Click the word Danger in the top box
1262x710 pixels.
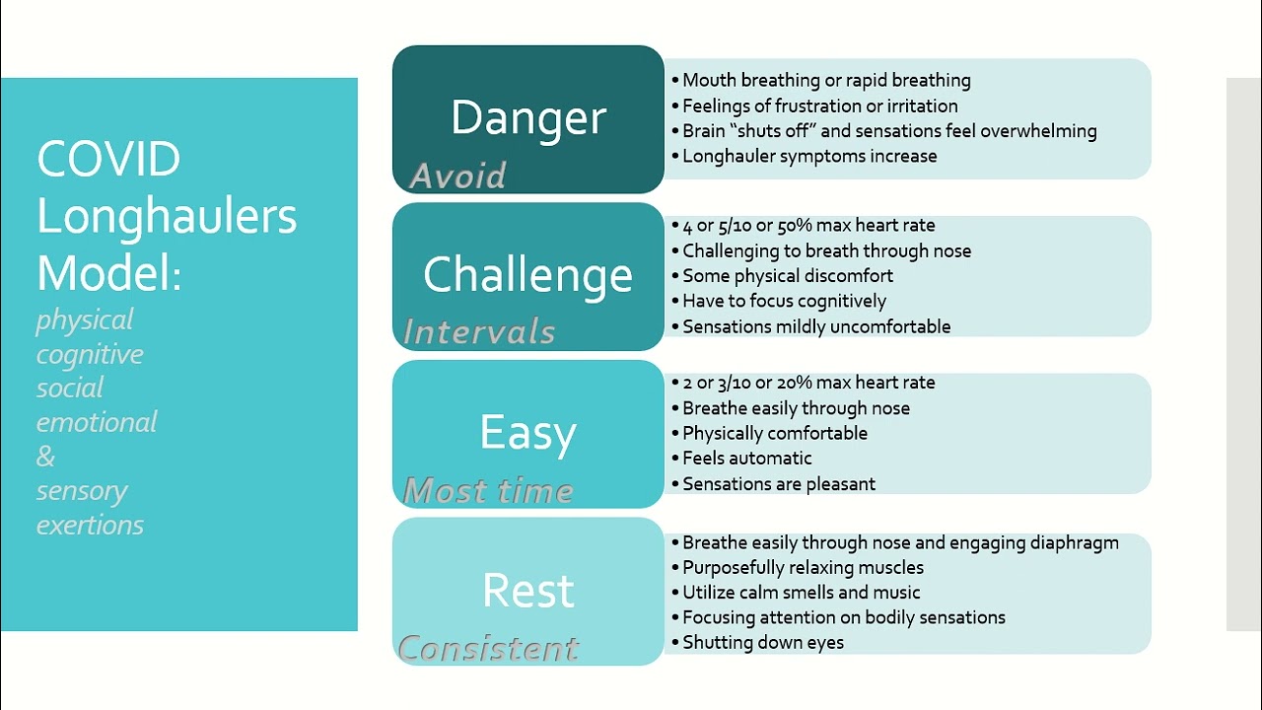528,118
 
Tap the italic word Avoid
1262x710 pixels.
457,176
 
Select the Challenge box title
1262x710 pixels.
527,275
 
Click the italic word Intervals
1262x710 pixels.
479,332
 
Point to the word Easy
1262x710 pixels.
527,433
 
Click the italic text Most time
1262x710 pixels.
488,490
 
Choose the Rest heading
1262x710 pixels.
527,591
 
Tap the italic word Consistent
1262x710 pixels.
488,648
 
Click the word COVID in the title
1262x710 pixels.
108,160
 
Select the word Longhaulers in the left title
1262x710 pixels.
167,217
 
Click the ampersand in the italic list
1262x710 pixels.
45,457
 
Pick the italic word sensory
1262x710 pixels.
82,490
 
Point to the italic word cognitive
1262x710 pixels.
90,354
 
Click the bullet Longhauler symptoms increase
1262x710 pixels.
809,156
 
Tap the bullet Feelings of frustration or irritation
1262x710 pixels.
819,106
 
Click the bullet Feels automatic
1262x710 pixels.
746,458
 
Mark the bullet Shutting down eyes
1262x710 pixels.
762,642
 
